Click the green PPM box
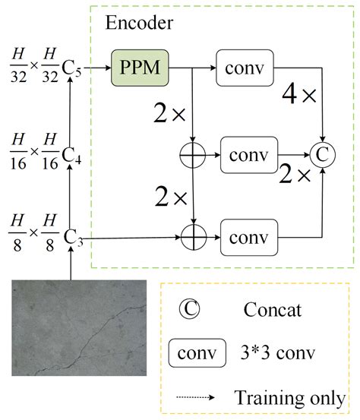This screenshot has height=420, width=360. pyautogui.click(x=140, y=68)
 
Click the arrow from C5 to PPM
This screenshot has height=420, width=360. pyautogui.click(x=97, y=68)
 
